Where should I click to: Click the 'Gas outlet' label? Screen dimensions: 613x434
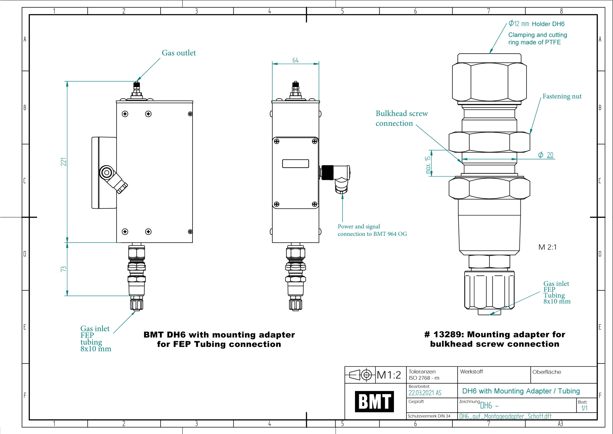pyautogui.click(x=179, y=53)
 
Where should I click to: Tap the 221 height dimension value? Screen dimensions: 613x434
pyautogui.click(x=64, y=162)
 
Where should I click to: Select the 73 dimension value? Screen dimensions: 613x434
pyautogui.click(x=64, y=269)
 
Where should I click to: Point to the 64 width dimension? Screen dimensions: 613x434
pyautogui.click(x=295, y=60)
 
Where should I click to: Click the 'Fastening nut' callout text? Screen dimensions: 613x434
pyautogui.click(x=562, y=96)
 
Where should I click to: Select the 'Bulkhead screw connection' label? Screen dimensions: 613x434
pyautogui.click(x=402, y=118)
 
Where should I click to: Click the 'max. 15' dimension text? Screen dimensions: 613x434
pyautogui.click(x=428, y=165)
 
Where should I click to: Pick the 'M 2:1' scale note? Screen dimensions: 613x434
pyautogui.click(x=547, y=247)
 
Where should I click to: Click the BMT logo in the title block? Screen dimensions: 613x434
pyautogui.click(x=374, y=401)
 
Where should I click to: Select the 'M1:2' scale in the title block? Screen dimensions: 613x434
pyautogui.click(x=389, y=375)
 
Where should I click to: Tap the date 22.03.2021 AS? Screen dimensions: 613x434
pyautogui.click(x=425, y=393)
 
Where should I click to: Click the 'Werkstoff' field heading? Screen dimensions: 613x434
pyautogui.click(x=471, y=372)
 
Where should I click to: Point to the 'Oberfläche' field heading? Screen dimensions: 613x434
pyautogui.click(x=547, y=372)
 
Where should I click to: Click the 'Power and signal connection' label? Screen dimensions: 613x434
pyautogui.click(x=372, y=230)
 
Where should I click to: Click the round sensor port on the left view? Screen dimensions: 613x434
pyautogui.click(x=107, y=173)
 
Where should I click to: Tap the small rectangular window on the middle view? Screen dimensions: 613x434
pyautogui.click(x=296, y=164)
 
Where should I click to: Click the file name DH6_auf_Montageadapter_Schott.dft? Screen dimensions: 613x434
pyautogui.click(x=505, y=416)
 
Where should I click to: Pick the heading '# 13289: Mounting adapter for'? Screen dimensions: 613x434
pyautogui.click(x=495, y=334)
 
